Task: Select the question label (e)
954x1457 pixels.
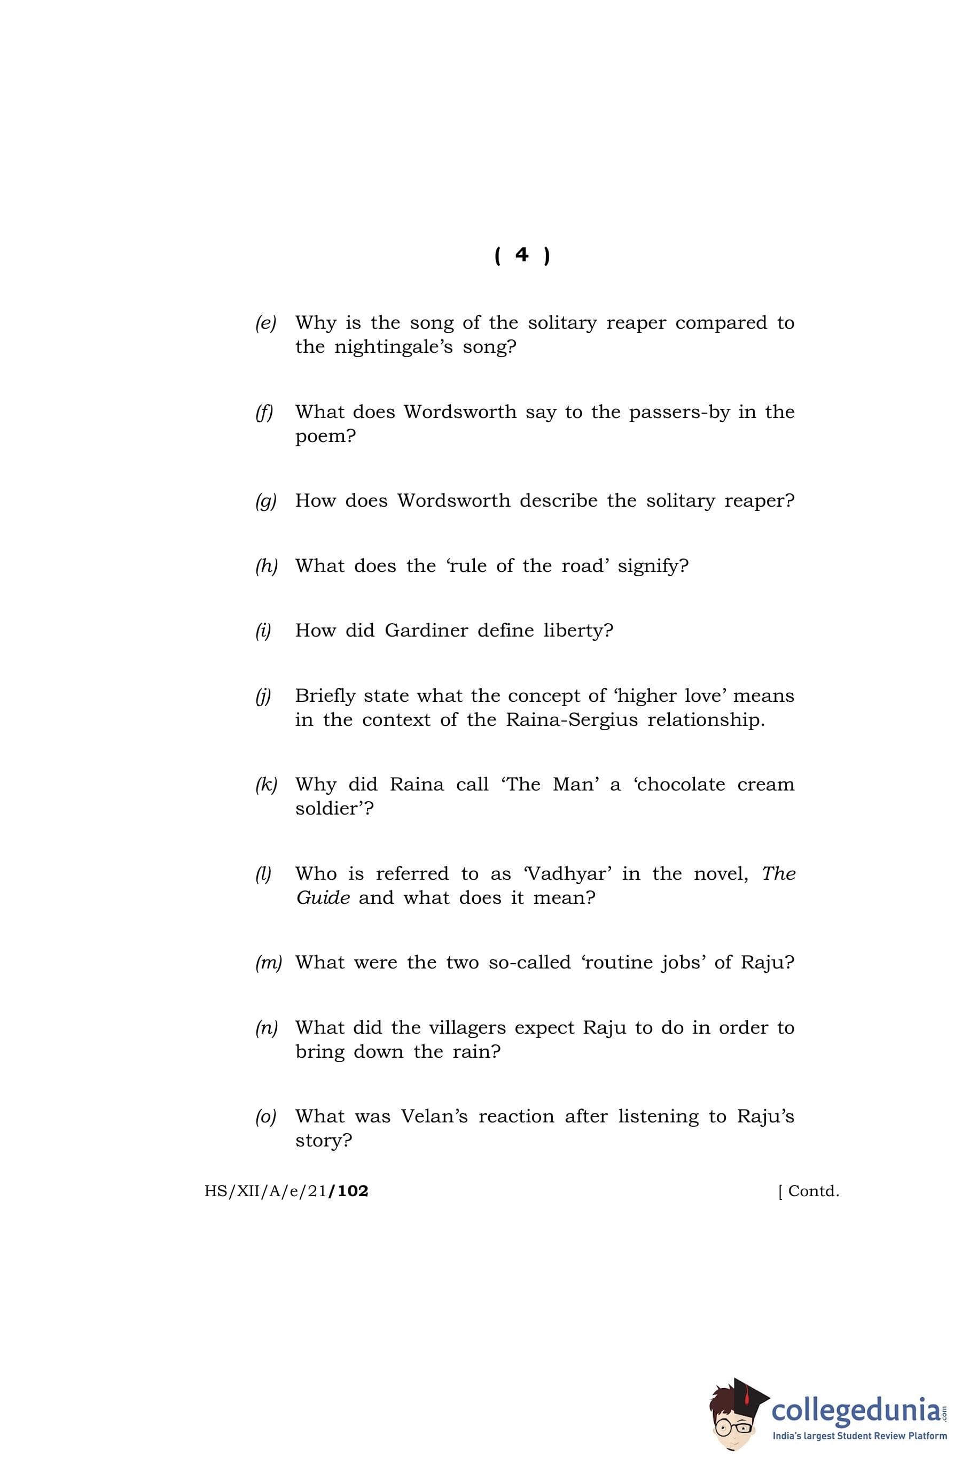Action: click(265, 323)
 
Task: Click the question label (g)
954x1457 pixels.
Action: click(265, 501)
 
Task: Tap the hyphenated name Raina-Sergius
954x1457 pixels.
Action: click(572, 720)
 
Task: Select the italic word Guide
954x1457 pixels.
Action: click(323, 898)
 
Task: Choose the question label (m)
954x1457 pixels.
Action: click(268, 963)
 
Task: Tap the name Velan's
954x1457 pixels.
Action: click(434, 1117)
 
